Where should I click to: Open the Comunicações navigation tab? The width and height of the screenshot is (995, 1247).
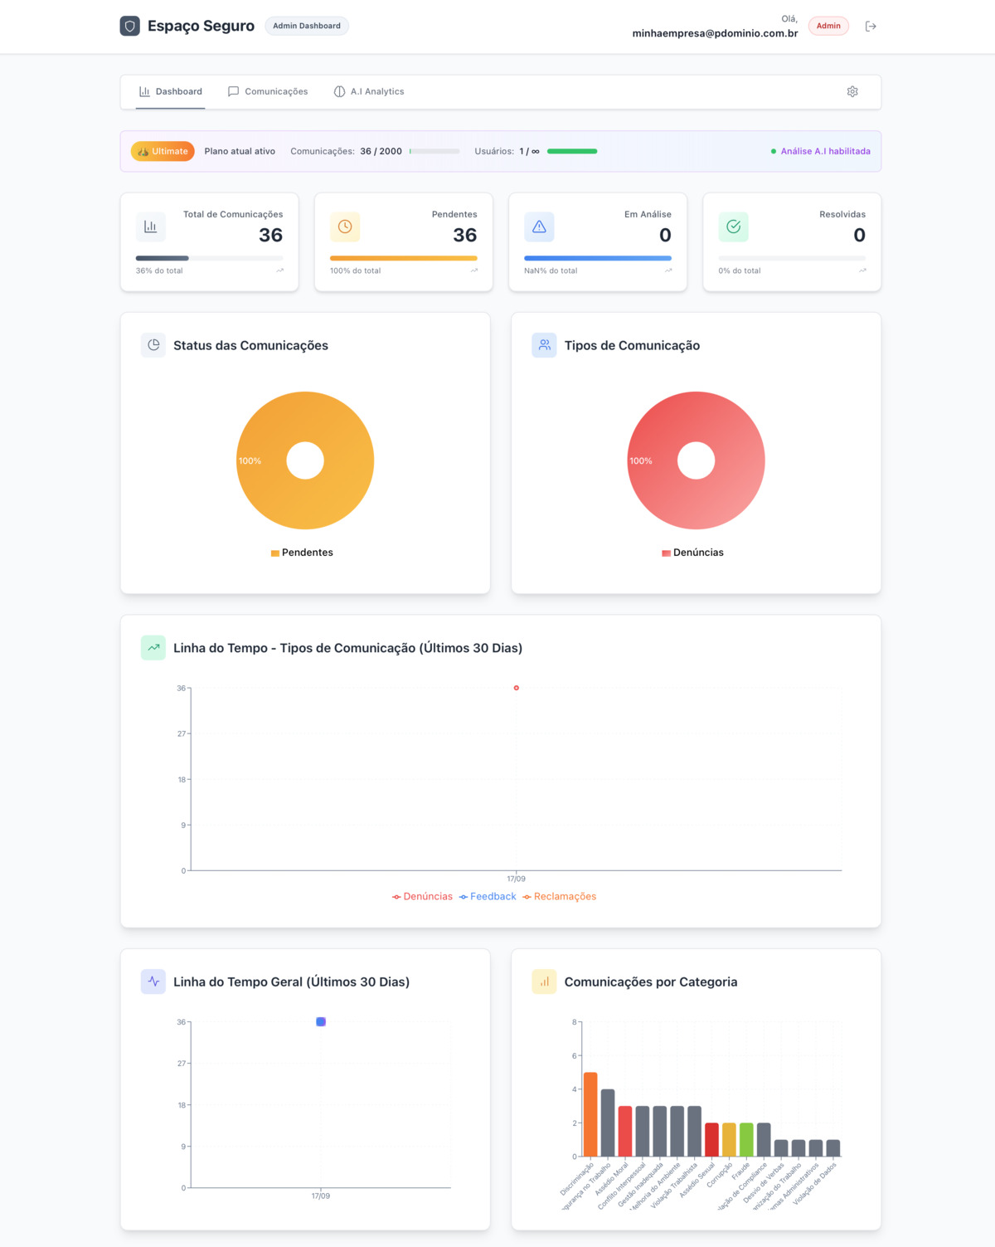tap(268, 91)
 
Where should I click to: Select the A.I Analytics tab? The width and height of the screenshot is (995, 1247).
tap(369, 91)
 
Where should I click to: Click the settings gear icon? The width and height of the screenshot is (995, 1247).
tap(852, 91)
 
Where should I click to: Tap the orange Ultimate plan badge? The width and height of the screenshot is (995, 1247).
tap(163, 151)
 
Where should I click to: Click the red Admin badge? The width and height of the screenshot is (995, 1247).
tap(828, 26)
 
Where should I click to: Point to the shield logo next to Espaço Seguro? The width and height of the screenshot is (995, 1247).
tap(130, 26)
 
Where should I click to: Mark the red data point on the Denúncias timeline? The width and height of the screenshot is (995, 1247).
tap(517, 688)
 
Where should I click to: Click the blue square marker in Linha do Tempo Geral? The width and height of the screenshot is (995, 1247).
tap(321, 1021)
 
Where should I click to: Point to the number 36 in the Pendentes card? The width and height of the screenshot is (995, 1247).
tap(464, 236)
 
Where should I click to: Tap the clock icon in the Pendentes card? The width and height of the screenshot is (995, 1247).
tap(345, 227)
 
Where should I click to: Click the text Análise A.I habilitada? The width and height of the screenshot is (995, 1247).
tap(825, 151)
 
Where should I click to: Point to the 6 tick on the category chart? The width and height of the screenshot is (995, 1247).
tap(574, 1055)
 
